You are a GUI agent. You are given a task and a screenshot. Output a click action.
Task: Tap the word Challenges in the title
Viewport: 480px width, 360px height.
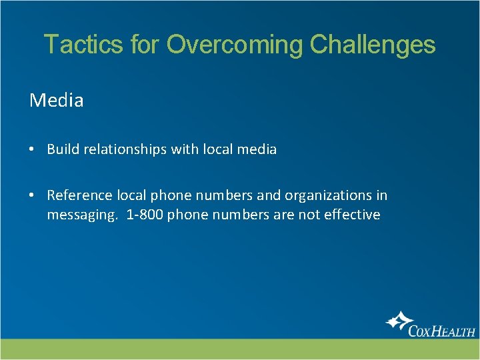click(373, 45)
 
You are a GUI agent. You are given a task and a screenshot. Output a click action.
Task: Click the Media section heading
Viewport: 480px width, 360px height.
click(57, 101)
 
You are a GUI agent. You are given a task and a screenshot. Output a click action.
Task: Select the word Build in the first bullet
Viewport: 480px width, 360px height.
click(63, 149)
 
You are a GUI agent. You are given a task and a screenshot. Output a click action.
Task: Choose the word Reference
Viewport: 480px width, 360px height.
click(80, 195)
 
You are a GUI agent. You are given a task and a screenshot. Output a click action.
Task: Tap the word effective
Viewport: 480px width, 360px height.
click(352, 215)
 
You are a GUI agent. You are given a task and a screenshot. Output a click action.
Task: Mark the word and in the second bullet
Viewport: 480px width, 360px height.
click(269, 195)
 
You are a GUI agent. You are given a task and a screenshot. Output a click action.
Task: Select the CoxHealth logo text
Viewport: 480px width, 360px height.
click(441, 331)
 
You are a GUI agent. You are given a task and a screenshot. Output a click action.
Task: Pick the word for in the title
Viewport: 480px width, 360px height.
click(143, 45)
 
